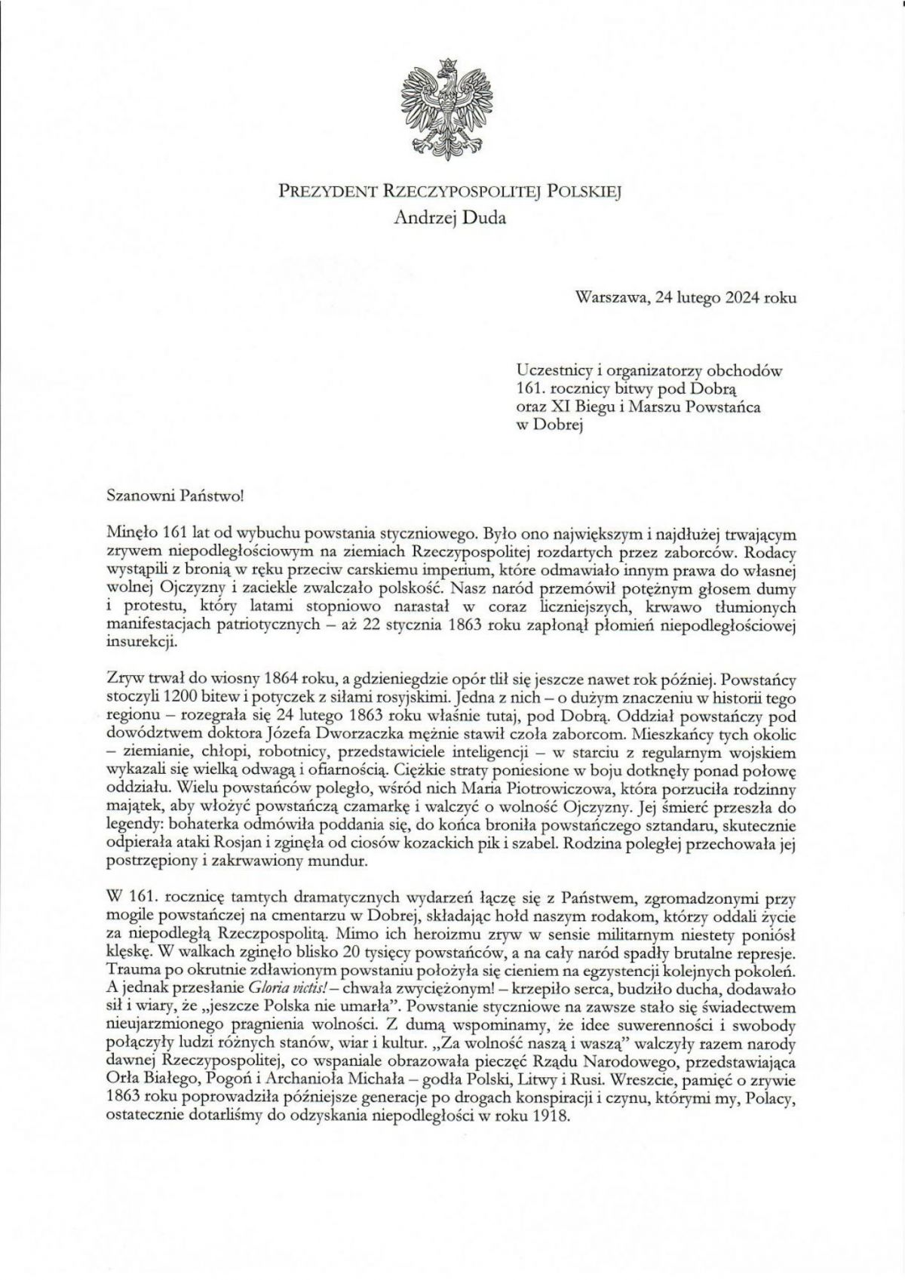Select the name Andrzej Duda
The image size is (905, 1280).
tap(451, 219)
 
